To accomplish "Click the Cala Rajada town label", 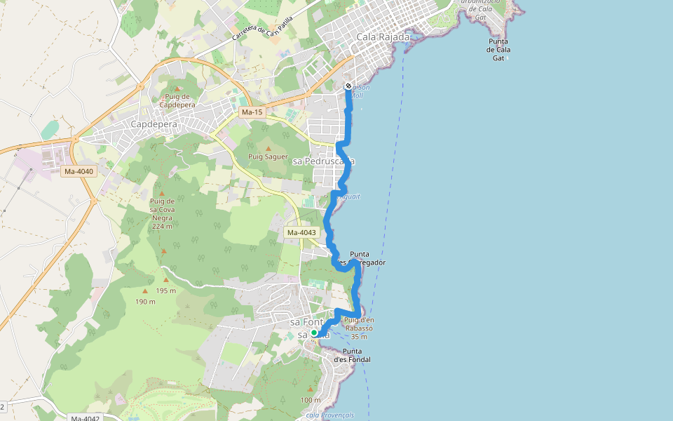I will (x=383, y=36).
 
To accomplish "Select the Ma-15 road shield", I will (x=250, y=112).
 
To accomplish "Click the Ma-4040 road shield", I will (x=79, y=171).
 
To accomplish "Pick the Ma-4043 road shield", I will (x=301, y=232).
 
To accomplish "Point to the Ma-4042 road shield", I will (x=85, y=418).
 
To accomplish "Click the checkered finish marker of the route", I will (x=348, y=86).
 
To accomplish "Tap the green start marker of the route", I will (x=314, y=333).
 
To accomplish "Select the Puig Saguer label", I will (x=268, y=156).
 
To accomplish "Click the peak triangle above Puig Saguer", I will (x=268, y=148).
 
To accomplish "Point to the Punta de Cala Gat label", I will (x=499, y=50).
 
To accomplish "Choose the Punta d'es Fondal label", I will (x=352, y=355).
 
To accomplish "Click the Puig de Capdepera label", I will (x=176, y=100).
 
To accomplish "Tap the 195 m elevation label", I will (x=166, y=290).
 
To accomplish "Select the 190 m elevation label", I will (x=145, y=302).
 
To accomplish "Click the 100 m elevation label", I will (x=310, y=400).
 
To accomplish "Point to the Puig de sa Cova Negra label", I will (x=162, y=213).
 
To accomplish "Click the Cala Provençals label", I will (x=329, y=415).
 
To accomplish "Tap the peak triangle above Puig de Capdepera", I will (x=176, y=88).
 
